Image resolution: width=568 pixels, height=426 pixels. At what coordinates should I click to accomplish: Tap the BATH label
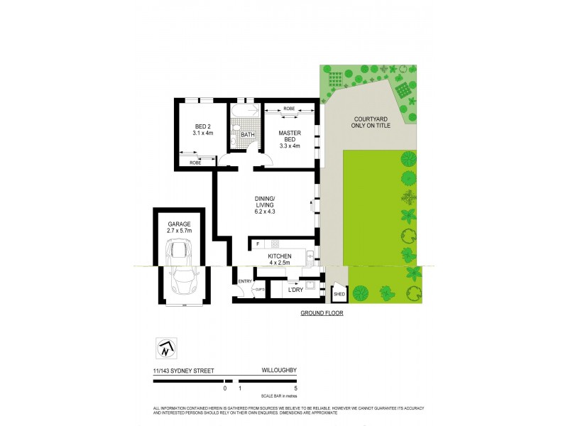(x=247, y=135)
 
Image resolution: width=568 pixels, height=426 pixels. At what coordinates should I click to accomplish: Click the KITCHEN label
(x=279, y=256)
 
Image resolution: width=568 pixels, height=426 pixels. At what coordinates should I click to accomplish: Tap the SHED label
(x=339, y=293)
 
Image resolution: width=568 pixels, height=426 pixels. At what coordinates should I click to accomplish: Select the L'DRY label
(x=295, y=289)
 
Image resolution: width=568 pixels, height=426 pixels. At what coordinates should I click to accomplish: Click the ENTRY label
(x=246, y=282)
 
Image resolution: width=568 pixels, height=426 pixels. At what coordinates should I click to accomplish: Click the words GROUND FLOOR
(x=322, y=313)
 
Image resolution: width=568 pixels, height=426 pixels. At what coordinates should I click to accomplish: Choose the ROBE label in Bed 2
(x=195, y=163)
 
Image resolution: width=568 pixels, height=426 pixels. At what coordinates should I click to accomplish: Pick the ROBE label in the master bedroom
(x=289, y=108)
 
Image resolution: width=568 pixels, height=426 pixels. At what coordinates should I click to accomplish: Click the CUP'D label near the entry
(x=260, y=290)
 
